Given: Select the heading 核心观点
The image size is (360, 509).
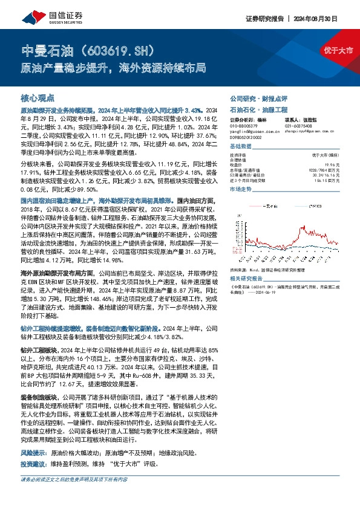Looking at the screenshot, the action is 38,97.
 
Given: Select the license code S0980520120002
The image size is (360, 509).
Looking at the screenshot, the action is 247,137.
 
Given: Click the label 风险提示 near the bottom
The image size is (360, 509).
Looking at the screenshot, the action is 32,452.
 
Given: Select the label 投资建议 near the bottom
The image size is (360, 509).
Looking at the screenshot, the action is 32,464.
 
